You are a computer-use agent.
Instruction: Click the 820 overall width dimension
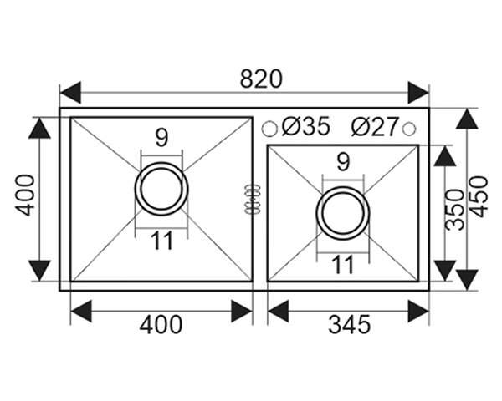pos(261,79)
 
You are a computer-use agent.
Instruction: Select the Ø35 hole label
pos(305,127)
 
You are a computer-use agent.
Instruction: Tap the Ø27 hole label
pos(374,127)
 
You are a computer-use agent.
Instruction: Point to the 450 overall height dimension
pos(478,196)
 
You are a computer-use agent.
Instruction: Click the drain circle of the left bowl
pos(161,188)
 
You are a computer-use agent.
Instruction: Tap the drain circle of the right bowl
pos(343,212)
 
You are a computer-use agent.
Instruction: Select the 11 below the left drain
pos(161,241)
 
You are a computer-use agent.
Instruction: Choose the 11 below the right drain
pos(343,265)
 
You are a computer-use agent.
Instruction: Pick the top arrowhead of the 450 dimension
pos(467,119)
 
